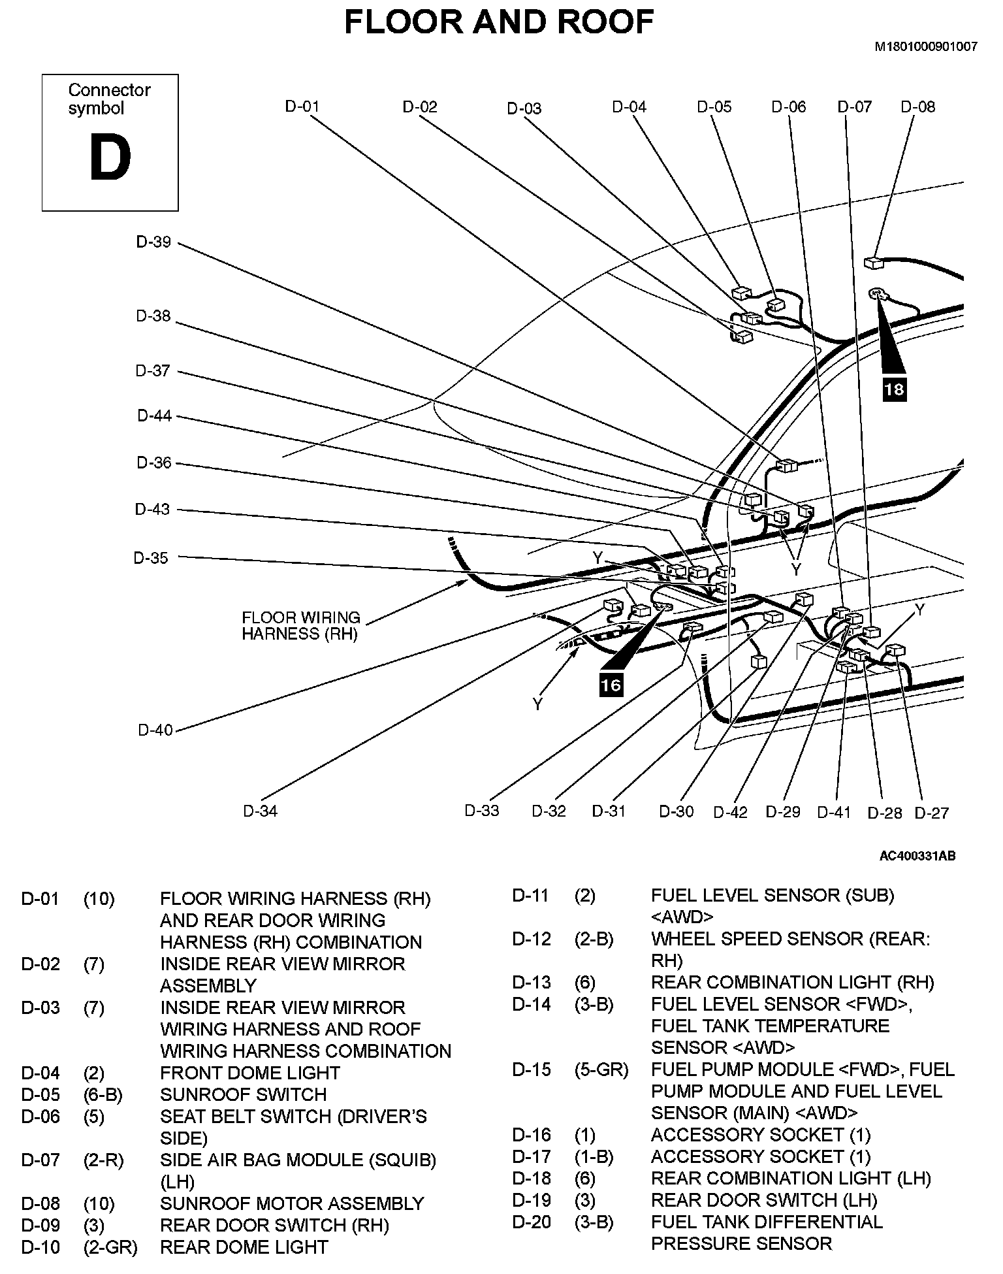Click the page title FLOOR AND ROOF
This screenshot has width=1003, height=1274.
[499, 22]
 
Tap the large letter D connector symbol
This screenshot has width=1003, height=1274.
[110, 159]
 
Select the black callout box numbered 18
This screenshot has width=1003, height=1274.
[894, 389]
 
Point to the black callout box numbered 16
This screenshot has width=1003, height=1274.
[611, 685]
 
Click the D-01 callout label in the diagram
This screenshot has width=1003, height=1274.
[302, 106]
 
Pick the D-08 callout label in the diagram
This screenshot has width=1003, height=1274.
[917, 106]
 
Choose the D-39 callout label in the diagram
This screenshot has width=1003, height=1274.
[153, 242]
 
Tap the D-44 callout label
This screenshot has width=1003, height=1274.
[154, 416]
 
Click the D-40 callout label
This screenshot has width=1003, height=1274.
[155, 730]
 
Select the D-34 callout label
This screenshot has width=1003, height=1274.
[261, 811]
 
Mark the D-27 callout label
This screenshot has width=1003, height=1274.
[931, 813]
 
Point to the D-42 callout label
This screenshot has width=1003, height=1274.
[730, 812]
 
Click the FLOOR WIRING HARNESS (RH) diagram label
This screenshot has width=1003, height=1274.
[300, 626]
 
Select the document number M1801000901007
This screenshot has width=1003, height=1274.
[926, 46]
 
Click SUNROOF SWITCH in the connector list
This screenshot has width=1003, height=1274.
[243, 1094]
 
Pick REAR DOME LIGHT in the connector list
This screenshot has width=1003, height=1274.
[244, 1247]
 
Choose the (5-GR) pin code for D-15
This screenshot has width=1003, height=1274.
[601, 1070]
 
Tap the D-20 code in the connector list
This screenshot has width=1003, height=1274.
[532, 1222]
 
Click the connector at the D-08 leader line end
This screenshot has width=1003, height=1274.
[872, 263]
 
